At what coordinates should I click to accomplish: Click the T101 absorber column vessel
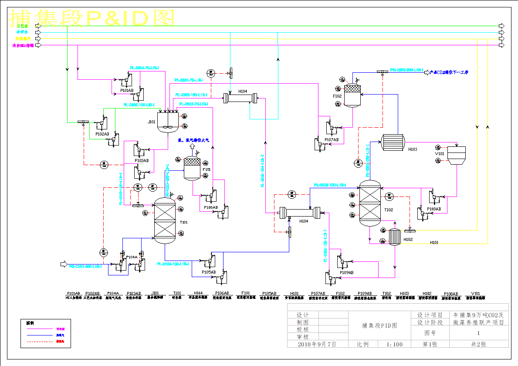165,220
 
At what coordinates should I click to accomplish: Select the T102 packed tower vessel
370,204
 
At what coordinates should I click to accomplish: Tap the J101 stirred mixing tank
167,122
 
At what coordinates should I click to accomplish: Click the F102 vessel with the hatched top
352,95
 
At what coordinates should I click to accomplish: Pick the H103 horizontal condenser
393,141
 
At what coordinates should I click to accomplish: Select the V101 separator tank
456,155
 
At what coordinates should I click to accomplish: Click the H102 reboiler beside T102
395,237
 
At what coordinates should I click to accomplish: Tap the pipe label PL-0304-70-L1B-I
144,68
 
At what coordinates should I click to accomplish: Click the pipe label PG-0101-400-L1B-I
85,266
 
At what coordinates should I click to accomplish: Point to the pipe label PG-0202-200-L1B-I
406,70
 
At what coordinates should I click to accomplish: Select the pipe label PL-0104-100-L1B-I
173,264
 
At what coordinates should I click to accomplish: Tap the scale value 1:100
395,344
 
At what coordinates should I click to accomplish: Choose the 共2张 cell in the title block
478,344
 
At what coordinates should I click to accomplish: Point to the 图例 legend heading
30,323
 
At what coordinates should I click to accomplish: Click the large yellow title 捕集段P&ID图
91,18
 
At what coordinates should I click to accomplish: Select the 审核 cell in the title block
302,337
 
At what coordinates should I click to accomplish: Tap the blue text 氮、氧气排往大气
193,140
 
